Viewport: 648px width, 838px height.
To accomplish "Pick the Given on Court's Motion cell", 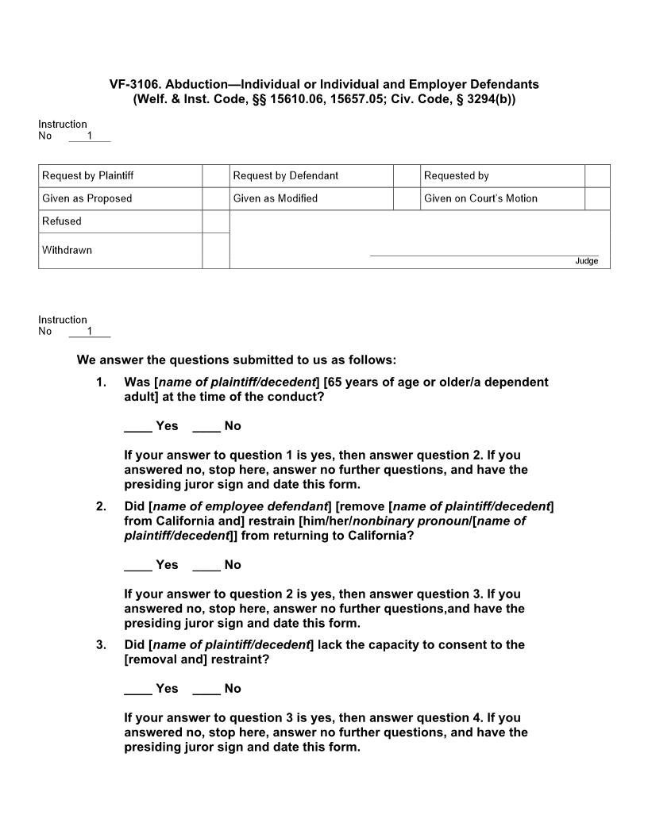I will [x=480, y=198].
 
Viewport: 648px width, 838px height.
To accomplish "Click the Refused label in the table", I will [x=62, y=221].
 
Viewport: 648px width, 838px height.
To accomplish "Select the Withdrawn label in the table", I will [x=67, y=250].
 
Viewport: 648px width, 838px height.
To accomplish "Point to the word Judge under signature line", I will [x=586, y=261].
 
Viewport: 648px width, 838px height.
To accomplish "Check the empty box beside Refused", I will [x=215, y=221].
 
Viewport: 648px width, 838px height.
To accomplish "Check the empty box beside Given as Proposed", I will [x=215, y=198].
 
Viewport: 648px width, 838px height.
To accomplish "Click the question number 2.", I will [x=101, y=506].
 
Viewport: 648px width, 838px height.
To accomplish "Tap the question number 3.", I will [x=101, y=645].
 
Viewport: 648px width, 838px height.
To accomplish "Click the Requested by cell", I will [x=457, y=175].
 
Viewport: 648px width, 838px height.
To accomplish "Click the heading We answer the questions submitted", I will [x=236, y=359].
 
